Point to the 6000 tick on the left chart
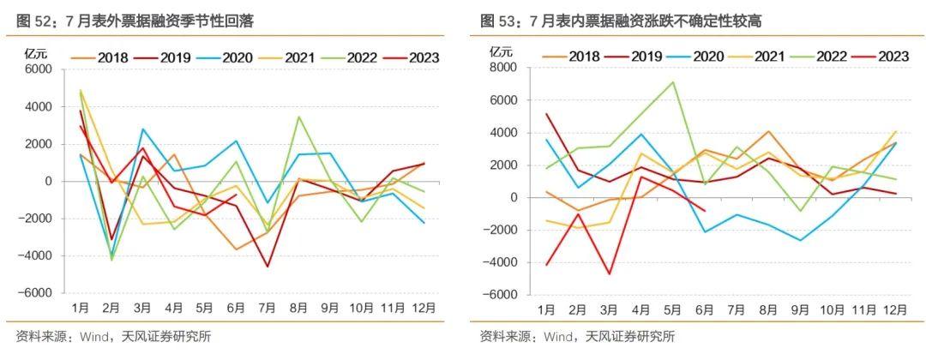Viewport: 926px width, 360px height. click(39, 69)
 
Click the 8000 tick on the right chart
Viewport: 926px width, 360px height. click(503, 68)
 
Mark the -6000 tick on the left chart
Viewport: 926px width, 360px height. click(37, 292)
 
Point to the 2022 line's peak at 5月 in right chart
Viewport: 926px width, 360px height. click(673, 82)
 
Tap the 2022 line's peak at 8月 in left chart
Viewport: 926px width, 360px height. click(298, 117)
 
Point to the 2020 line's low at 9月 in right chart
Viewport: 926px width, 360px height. click(799, 240)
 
